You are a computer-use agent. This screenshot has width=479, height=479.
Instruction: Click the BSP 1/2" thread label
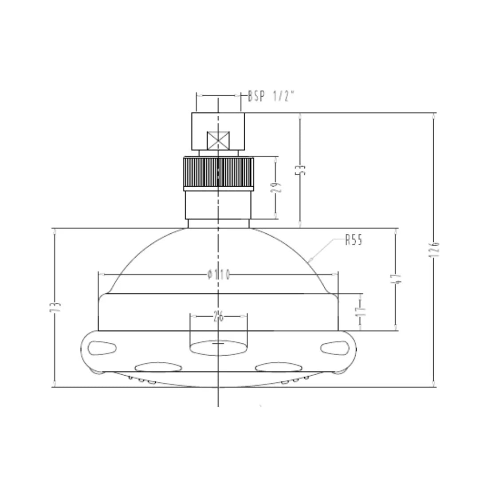click(271, 96)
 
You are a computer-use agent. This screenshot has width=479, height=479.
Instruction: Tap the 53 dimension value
click(302, 170)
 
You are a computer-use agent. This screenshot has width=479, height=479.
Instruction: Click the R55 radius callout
click(353, 240)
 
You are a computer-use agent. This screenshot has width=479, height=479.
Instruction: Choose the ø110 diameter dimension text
click(218, 275)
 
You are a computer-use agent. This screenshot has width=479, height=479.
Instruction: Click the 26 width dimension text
click(218, 316)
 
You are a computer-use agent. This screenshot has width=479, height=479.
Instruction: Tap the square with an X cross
click(218, 141)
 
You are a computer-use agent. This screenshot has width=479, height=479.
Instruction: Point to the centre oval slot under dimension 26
click(218, 348)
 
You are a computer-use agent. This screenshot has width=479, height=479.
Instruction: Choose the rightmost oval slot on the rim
click(335, 347)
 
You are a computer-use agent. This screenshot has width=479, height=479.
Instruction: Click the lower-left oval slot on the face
click(158, 367)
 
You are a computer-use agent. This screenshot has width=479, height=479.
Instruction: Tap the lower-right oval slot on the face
click(278, 367)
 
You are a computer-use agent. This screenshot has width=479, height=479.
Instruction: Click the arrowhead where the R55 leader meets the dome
click(310, 260)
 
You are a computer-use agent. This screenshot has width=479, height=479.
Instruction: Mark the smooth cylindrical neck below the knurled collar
click(218, 205)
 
